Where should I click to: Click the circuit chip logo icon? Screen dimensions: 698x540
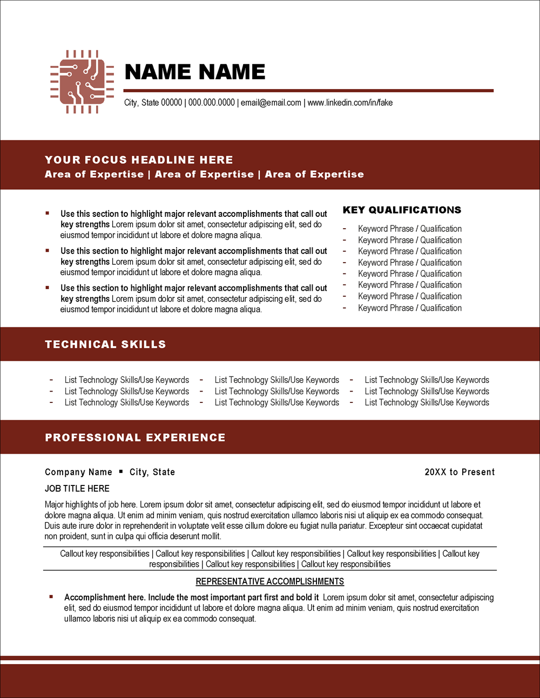(82, 81)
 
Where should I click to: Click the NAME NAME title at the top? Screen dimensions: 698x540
(194, 72)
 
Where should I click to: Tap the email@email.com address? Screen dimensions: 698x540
(271, 102)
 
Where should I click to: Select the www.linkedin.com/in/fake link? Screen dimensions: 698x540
(350, 102)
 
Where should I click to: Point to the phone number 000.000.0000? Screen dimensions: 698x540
(211, 102)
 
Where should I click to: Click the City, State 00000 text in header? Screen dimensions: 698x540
(153, 102)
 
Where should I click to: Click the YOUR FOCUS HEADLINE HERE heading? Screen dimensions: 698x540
(139, 160)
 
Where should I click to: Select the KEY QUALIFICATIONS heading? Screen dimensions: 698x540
(402, 210)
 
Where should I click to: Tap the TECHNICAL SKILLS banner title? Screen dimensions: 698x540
(105, 344)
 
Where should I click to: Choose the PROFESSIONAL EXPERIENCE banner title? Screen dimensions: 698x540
(135, 437)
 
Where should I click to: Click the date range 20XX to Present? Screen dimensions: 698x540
(460, 472)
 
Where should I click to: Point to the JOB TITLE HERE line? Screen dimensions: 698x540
(77, 488)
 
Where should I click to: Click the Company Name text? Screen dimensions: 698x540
(78, 472)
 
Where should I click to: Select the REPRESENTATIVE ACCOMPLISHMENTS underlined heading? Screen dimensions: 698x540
(269, 581)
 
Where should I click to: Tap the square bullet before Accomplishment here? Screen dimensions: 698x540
(51, 597)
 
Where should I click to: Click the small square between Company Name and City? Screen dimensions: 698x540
(121, 471)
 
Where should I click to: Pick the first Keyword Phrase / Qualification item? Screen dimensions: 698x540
(409, 229)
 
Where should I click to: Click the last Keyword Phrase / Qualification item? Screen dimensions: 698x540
(409, 308)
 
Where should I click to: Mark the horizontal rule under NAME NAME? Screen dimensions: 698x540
(308, 91)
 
